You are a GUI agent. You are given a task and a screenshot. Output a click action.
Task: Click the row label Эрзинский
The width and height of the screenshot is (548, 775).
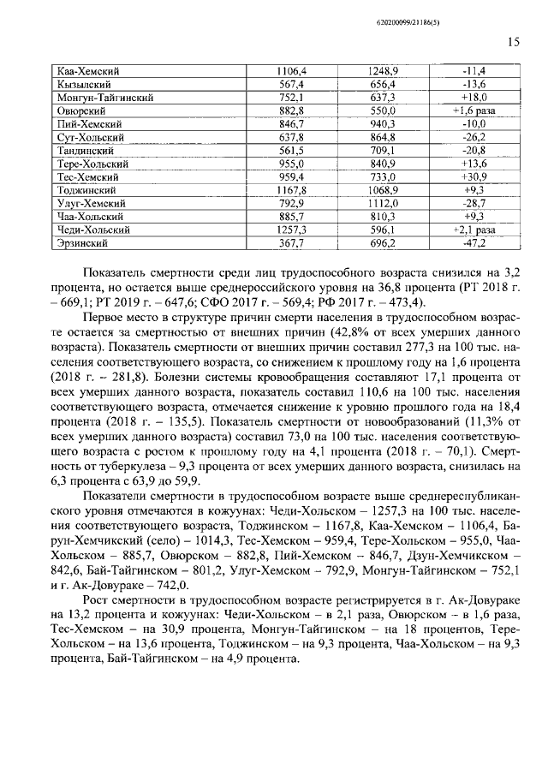(x=82, y=243)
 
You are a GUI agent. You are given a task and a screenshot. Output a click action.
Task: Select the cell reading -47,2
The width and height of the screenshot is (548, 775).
(x=474, y=243)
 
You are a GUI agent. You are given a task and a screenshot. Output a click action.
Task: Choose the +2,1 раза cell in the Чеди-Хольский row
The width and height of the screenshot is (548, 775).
(x=474, y=230)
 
